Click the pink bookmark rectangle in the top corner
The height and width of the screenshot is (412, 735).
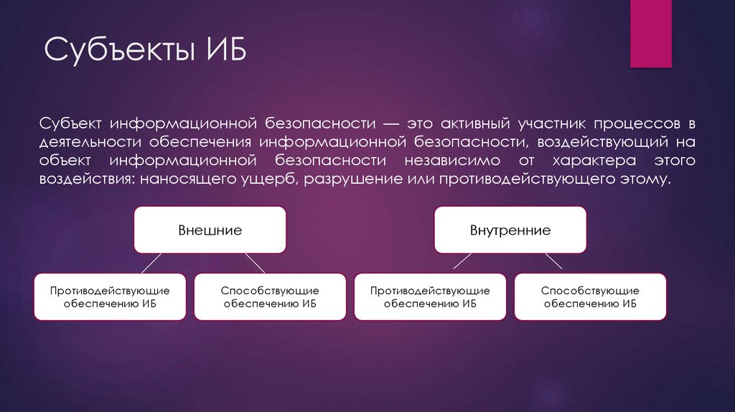pyautogui.click(x=650, y=34)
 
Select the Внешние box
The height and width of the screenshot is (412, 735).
pyautogui.click(x=210, y=230)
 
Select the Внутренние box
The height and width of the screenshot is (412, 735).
pyautogui.click(x=510, y=230)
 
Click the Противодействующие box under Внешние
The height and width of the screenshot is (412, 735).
pyautogui.click(x=110, y=296)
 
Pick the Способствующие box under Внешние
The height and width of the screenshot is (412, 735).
pyautogui.click(x=270, y=296)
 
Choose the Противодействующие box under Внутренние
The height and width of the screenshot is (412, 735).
pyautogui.click(x=430, y=296)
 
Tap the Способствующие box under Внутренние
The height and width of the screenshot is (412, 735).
pyautogui.click(x=590, y=296)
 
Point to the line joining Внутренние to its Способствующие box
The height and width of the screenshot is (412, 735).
pyautogui.click(x=552, y=263)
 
